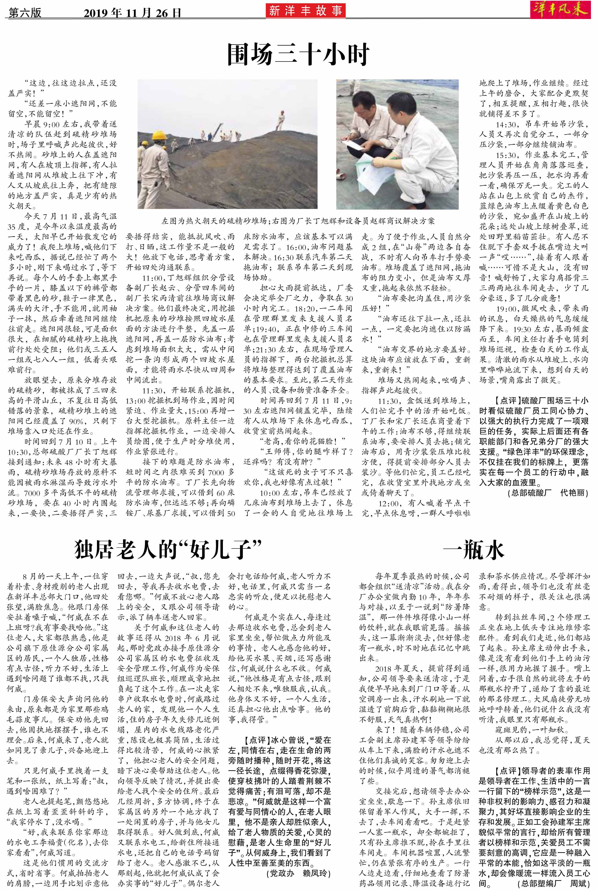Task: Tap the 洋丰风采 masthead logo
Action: [x=560, y=9]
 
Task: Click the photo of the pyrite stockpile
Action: [x=227, y=144]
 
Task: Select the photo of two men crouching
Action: [x=397, y=144]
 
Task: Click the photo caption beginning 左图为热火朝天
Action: [x=298, y=221]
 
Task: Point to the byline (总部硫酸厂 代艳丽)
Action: [x=546, y=493]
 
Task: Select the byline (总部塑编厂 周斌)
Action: [x=553, y=883]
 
